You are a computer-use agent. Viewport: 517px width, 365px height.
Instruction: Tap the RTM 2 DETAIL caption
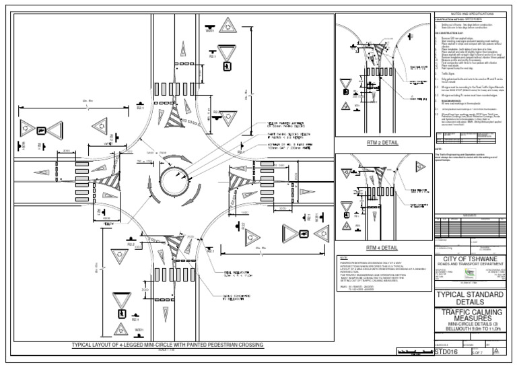pos(382,143)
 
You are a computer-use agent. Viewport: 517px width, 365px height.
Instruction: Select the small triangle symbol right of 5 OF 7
pos(496,351)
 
